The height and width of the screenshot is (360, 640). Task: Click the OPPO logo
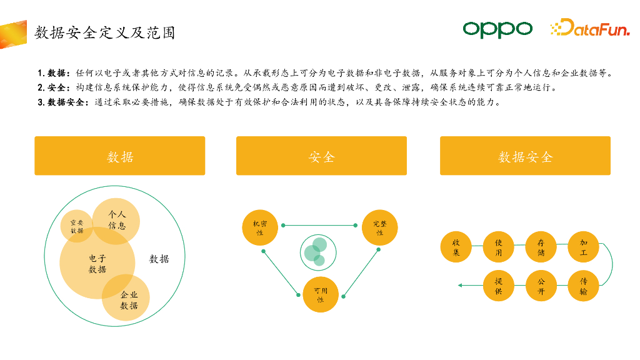[497, 29]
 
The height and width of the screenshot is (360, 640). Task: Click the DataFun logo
[589, 28]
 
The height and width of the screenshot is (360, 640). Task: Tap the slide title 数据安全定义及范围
[104, 32]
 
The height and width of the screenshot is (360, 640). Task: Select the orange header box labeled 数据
[119, 156]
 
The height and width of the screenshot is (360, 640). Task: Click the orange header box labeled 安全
[321, 156]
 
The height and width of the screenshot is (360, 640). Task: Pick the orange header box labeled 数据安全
[525, 156]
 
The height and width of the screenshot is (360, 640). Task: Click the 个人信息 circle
[117, 220]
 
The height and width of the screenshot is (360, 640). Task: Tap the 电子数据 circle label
[97, 264]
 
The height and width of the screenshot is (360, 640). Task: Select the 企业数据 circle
[129, 301]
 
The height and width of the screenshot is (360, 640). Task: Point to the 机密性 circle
[259, 227]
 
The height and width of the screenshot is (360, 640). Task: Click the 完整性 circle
[379, 227]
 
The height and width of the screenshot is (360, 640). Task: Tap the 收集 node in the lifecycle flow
[456, 247]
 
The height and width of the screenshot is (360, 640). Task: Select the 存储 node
[541, 247]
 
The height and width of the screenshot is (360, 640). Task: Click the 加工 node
[583, 247]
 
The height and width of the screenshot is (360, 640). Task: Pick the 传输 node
[583, 286]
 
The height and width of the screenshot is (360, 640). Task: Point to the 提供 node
[498, 286]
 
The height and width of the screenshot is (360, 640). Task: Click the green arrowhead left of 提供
[461, 286]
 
